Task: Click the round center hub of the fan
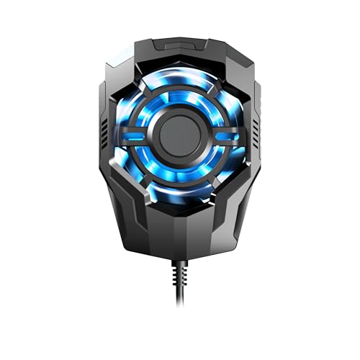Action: pos(179,135)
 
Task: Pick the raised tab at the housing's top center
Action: pos(179,45)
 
